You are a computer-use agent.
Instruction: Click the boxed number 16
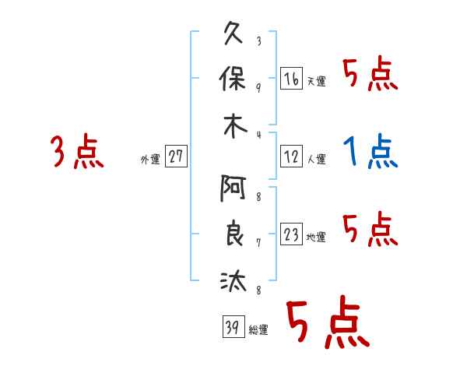pyautogui.click(x=291, y=79)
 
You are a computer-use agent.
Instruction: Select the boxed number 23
pyautogui.click(x=291, y=235)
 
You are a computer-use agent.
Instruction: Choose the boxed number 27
pyautogui.click(x=176, y=157)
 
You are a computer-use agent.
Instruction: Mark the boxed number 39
pyautogui.click(x=230, y=327)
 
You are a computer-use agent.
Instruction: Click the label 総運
pyautogui.click(x=258, y=330)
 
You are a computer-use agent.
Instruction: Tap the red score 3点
pyautogui.click(x=77, y=151)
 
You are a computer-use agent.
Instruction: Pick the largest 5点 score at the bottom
pyautogui.click(x=328, y=323)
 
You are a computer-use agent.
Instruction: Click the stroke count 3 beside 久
pyautogui.click(x=258, y=41)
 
